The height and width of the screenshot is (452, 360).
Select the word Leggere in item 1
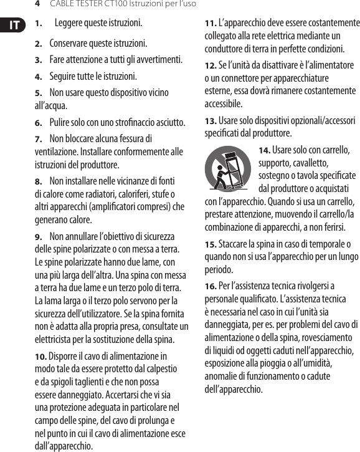pos(72,24)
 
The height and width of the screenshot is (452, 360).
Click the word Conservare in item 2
pos(70,44)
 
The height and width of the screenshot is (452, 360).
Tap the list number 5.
pos(38,93)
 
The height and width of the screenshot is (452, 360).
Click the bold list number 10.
pos(40,357)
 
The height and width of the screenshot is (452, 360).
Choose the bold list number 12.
pos(211,65)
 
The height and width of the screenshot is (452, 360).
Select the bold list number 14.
pos(264,150)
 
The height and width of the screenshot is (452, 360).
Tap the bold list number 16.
pos(211,286)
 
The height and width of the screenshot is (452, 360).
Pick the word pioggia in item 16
pos(269,363)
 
